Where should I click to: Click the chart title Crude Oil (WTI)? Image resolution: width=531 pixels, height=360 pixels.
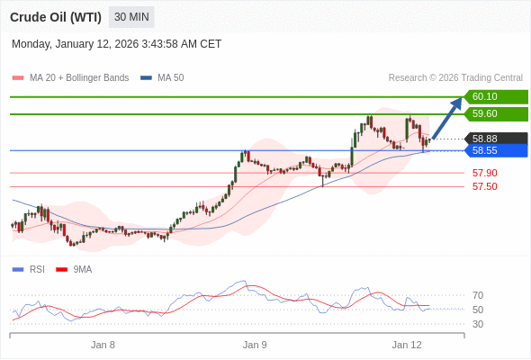point(55,17)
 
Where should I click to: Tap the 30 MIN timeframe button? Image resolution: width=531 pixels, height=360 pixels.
point(131,17)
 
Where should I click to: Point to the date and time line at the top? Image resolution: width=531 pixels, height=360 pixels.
point(117,44)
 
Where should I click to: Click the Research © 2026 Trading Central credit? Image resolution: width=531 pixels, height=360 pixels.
point(455,78)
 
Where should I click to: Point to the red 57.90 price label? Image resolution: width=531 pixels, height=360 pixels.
point(484,173)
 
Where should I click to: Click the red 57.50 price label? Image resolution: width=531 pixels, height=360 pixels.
point(484,186)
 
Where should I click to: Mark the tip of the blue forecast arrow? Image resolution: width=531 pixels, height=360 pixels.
point(462,97)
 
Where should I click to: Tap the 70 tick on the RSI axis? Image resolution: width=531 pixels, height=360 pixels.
point(478,295)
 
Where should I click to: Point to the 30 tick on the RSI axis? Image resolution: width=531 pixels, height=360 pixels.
point(478,324)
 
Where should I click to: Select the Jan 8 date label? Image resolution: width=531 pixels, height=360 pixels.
point(103,345)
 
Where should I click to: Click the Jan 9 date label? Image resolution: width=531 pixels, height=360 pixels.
point(255,345)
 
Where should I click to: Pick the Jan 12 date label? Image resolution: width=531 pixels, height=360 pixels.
point(407,345)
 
